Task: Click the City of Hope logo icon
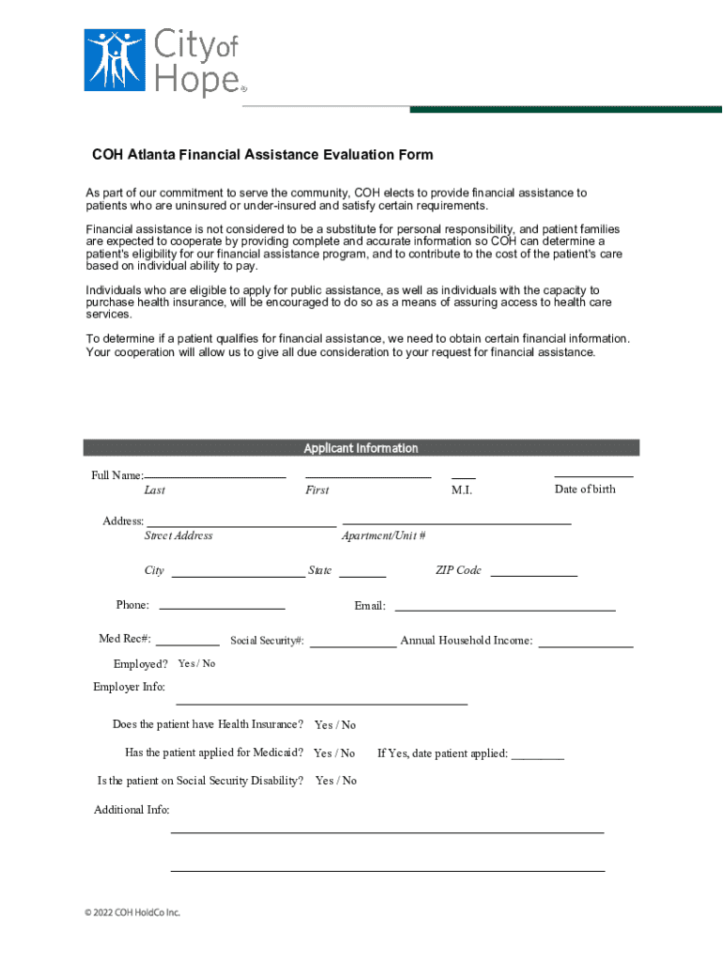point(114,59)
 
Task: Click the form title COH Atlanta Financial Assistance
point(262,155)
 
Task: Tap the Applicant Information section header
point(361,448)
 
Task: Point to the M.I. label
point(462,490)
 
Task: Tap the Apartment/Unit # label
point(383,535)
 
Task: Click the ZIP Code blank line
point(533,573)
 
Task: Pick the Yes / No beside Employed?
point(196,664)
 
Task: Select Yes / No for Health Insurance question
point(335,725)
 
